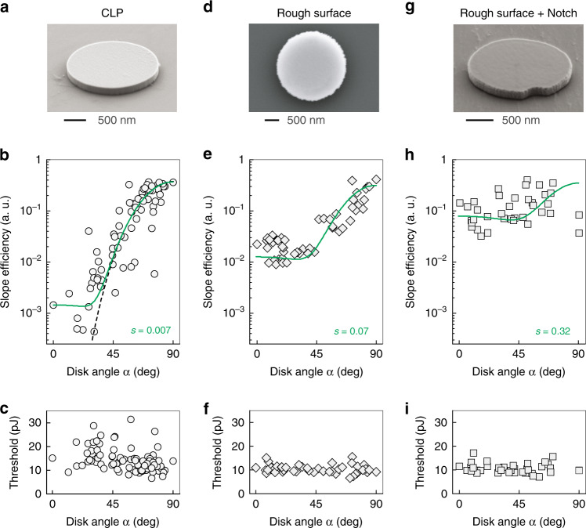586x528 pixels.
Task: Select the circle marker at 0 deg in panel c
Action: pyautogui.click(x=52, y=458)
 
